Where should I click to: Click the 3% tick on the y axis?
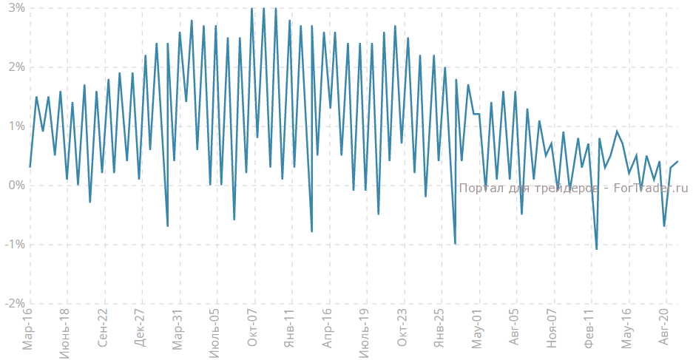pos(14,8)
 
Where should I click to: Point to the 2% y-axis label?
pos(14,67)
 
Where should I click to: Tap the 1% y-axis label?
pos(14,126)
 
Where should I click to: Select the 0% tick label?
pos(14,186)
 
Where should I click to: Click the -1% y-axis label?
pos(13,245)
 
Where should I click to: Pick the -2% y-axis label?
pos(13,304)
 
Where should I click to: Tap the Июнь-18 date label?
pos(65,328)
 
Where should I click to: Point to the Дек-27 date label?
pos(141,330)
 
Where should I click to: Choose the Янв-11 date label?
pos(291,330)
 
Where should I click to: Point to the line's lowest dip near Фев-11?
pos(596,249)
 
